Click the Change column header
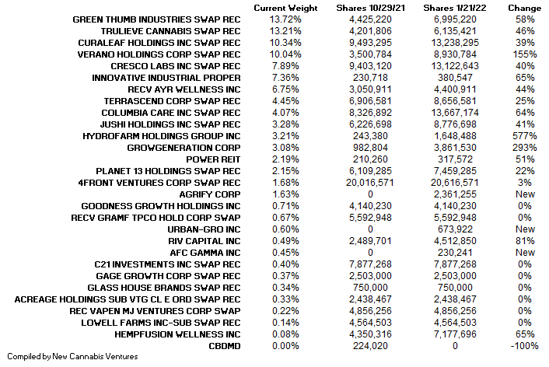click(525, 7)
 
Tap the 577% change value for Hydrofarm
click(525, 135)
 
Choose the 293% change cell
click(525, 148)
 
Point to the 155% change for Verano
click(525, 54)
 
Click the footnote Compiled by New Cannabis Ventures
click(69, 357)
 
